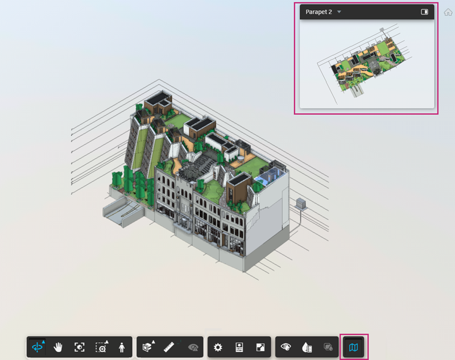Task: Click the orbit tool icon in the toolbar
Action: (x=38, y=347)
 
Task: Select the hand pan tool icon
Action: (x=58, y=347)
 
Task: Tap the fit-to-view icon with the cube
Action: (x=79, y=347)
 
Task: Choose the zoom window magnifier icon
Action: (x=102, y=347)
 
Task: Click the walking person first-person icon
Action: (x=122, y=347)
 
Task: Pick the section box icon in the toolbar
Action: (x=148, y=346)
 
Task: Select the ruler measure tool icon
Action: (x=169, y=347)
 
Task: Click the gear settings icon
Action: (x=218, y=347)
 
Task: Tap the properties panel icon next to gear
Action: (x=239, y=347)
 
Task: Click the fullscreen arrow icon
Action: (x=260, y=347)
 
